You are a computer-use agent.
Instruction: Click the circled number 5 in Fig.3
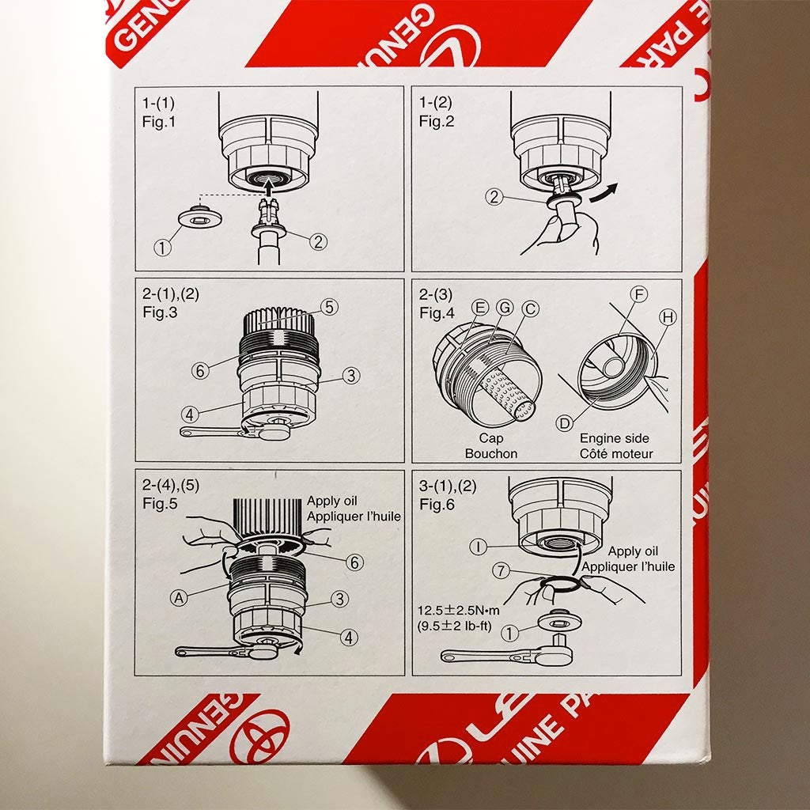(x=329, y=305)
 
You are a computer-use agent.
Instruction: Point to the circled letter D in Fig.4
(x=565, y=424)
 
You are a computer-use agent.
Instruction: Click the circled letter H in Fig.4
(x=668, y=318)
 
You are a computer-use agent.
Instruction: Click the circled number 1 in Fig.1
(x=162, y=248)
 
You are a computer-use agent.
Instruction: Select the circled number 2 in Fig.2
(x=494, y=198)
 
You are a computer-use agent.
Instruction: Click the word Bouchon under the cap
(x=491, y=453)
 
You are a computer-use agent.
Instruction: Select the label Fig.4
(x=437, y=312)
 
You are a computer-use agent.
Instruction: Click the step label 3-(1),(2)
(x=449, y=486)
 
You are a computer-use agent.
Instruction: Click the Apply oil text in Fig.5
(x=332, y=502)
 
